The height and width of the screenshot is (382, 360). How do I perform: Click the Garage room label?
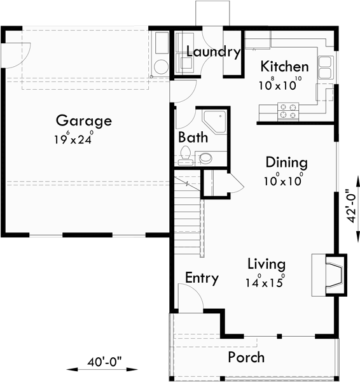pyautogui.click(x=83, y=120)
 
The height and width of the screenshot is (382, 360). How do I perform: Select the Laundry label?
pyautogui.click(x=213, y=52)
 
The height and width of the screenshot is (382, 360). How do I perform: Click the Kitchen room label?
pyautogui.click(x=284, y=67)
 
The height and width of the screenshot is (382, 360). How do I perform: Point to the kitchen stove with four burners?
pyautogui.click(x=288, y=111)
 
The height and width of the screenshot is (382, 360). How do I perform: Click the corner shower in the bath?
pyautogui.click(x=214, y=120)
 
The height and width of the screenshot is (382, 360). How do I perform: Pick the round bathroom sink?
pyautogui.click(x=207, y=158)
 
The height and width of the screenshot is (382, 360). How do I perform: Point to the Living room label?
pyautogui.click(x=266, y=264)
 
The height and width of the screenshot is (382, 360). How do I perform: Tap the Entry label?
pyautogui.click(x=202, y=278)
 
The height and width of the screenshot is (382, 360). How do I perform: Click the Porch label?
pyautogui.click(x=246, y=357)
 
